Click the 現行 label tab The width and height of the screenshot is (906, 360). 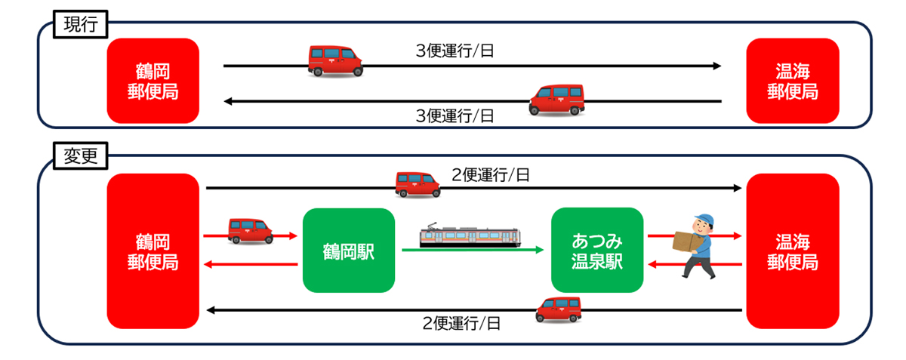pos(80,24)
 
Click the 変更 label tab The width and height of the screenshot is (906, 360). pos(80,158)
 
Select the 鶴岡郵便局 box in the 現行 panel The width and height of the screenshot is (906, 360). pos(153,81)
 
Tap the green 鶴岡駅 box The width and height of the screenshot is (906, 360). pos(348,251)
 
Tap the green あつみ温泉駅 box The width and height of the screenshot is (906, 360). pos(596,251)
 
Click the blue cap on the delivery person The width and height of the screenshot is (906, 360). pos(705,220)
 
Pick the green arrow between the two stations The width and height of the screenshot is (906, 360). pos(473,251)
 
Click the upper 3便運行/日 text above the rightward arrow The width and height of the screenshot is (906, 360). pos(456,51)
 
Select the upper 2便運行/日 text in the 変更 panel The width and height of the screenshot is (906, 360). pos(491,174)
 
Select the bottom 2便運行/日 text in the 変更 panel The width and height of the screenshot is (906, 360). pos(462,324)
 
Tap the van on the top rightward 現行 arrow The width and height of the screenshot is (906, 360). pos(335,60)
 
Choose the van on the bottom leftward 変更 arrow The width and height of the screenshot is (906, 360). pos(559,309)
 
